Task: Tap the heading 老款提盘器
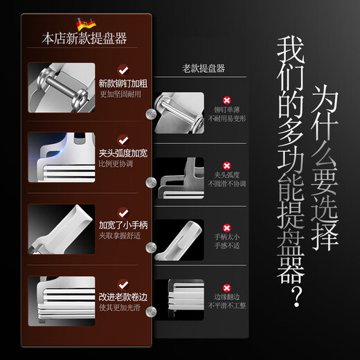click(204, 68)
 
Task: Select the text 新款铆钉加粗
click(122, 83)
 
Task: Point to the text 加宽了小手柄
click(122, 226)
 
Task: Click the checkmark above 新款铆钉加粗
click(123, 69)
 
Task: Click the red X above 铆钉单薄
click(226, 100)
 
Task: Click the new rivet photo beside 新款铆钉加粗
click(60, 87)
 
